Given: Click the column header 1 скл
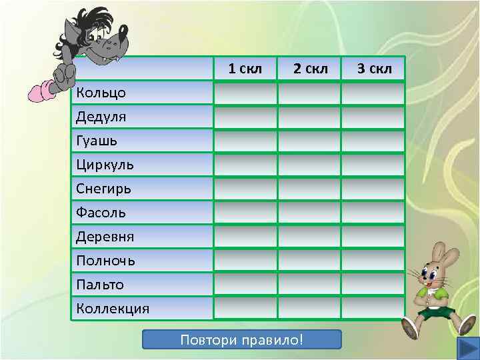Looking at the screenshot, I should (x=245, y=69).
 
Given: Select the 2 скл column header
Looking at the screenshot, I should (x=310, y=69).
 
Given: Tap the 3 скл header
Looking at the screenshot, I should (x=374, y=69).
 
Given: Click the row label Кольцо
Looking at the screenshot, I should (x=101, y=93).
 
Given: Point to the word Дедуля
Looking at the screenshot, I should (x=101, y=117).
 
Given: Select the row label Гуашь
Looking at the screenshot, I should (x=97, y=141).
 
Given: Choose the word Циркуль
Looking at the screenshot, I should (x=105, y=165).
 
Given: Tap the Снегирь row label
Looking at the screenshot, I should (x=104, y=189).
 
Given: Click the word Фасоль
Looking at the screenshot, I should (x=101, y=213).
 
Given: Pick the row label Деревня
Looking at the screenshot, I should (x=106, y=237).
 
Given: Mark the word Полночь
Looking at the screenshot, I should (x=106, y=261).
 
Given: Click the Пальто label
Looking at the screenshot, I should (x=101, y=285).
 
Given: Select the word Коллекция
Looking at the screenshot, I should (x=113, y=309).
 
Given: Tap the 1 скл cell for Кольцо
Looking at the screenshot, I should (x=245, y=93).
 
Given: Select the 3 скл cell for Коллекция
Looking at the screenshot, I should (x=373, y=309).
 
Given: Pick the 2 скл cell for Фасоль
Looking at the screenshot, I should (x=309, y=213).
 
